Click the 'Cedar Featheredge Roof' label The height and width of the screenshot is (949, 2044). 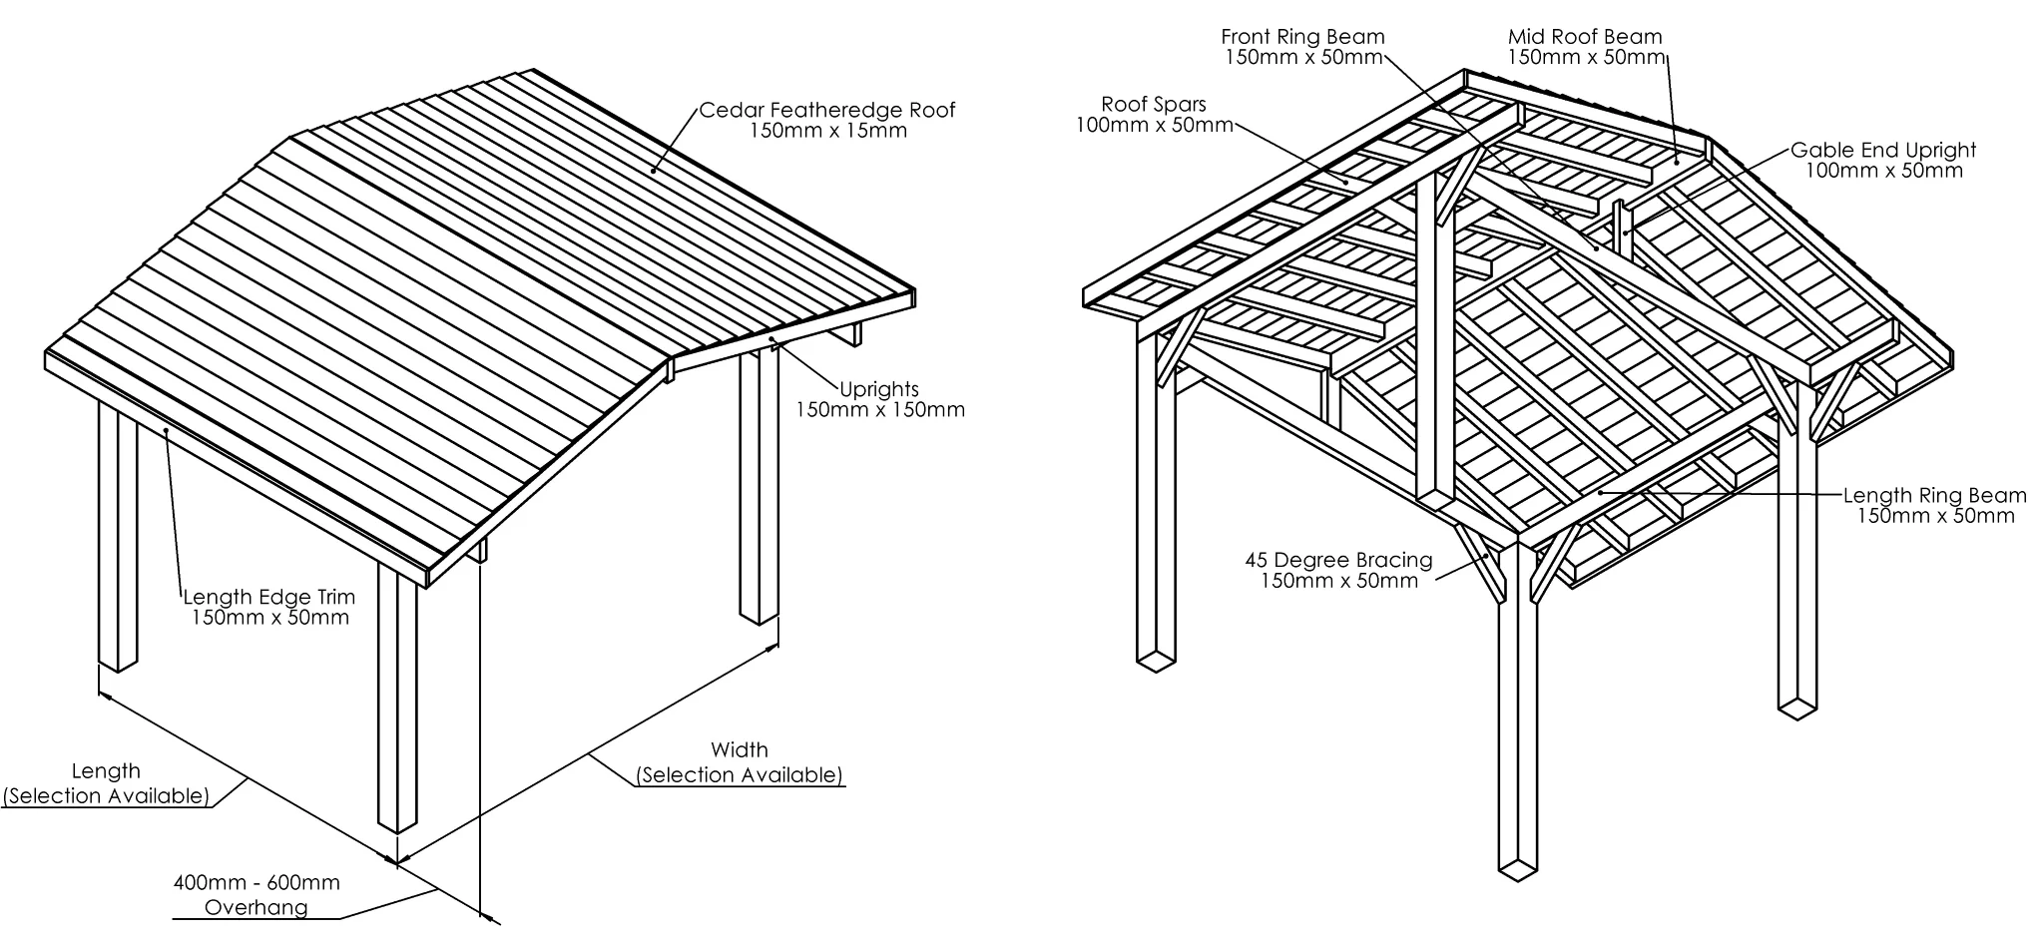[826, 110]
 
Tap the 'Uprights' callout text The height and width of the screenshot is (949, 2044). [878, 389]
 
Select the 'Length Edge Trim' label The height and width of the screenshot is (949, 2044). [269, 597]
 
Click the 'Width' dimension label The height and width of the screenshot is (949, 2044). [740, 749]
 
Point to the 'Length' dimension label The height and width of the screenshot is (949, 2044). [106, 770]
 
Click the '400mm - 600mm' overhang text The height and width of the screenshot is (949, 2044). [256, 883]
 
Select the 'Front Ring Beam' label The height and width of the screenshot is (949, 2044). [1302, 37]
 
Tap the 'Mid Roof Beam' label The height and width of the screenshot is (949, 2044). [1585, 37]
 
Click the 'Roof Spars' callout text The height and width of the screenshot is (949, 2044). [1154, 104]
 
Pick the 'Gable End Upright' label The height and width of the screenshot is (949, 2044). [1883, 150]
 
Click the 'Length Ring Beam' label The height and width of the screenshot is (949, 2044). [1934, 495]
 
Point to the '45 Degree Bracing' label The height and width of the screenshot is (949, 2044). [1338, 560]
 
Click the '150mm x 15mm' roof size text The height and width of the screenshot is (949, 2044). [828, 131]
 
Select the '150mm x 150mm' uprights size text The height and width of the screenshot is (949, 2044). [880, 409]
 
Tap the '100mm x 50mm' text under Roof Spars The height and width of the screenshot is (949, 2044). [1155, 125]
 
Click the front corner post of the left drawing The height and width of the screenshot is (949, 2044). [397, 699]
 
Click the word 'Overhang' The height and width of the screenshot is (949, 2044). [256, 907]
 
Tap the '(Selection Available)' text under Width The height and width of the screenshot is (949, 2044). [740, 775]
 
